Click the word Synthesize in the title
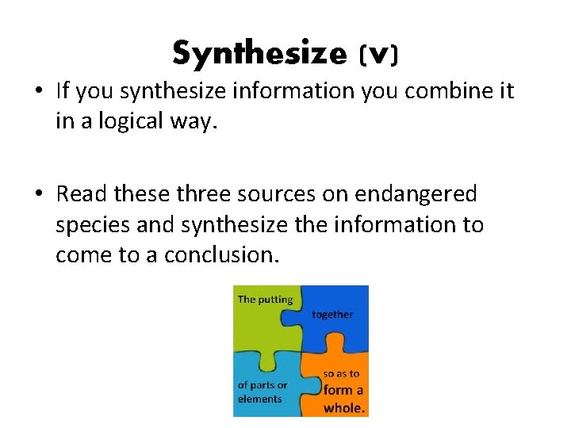coord(259,54)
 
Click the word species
coord(93,225)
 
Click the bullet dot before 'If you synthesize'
coord(37,92)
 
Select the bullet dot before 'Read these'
coord(37,194)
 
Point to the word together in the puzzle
coord(333,315)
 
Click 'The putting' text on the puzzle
coord(266,300)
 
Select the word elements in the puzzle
coord(260,399)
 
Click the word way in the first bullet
coord(197,124)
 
